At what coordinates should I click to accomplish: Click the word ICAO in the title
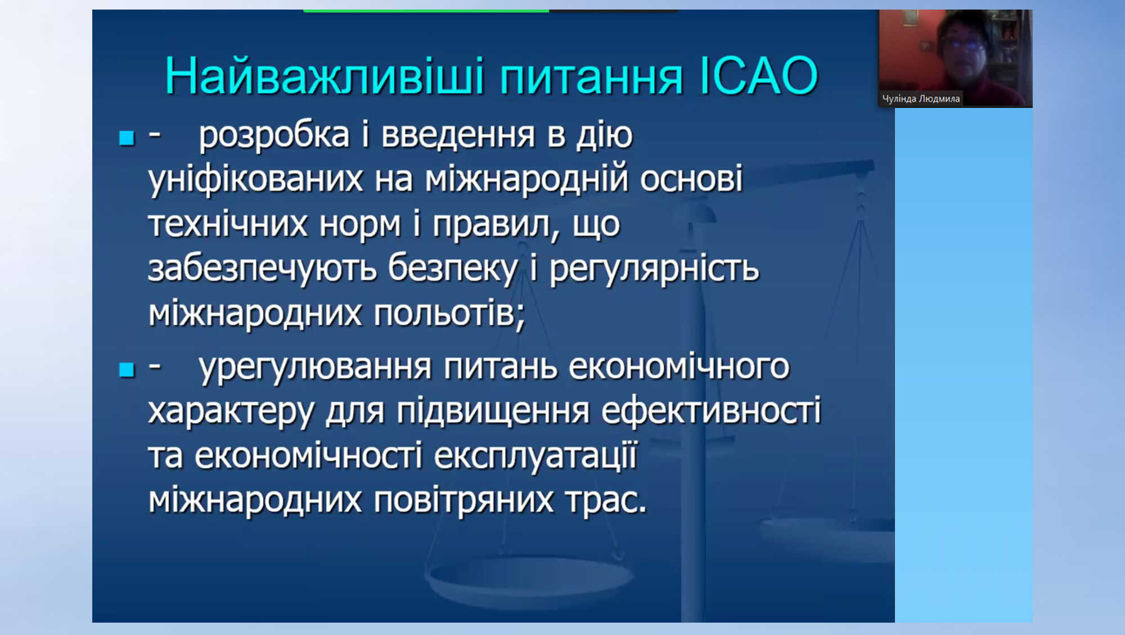coord(759,76)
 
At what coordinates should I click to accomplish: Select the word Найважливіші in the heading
coord(324,76)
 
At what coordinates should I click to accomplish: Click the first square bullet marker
coord(127,138)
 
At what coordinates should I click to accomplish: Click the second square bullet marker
coord(127,370)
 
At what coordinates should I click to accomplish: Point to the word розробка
coord(274,136)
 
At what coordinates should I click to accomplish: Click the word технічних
coord(228,224)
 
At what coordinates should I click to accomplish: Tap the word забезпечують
coord(262,268)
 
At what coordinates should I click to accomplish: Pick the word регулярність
coord(654,269)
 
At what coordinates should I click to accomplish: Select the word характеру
coord(231,412)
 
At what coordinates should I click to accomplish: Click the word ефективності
coord(711,411)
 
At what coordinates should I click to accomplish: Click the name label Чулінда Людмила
coord(921,99)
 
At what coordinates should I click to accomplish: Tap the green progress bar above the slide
coord(426,11)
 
